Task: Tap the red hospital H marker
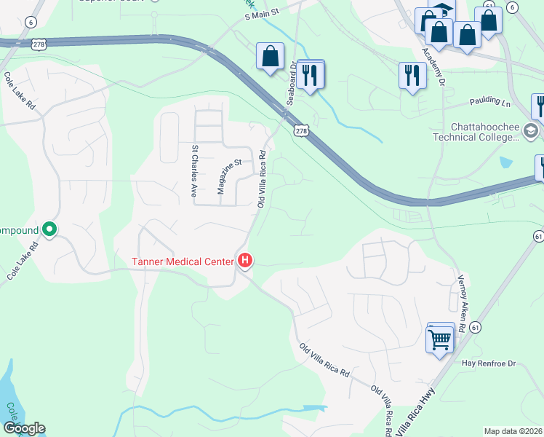[x=245, y=260]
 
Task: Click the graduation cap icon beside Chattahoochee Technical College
[x=530, y=131]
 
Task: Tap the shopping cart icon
[x=440, y=339]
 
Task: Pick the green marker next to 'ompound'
[x=49, y=229]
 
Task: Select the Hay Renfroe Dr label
[x=488, y=363]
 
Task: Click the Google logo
[x=23, y=428]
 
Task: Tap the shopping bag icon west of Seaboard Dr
[x=271, y=56]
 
